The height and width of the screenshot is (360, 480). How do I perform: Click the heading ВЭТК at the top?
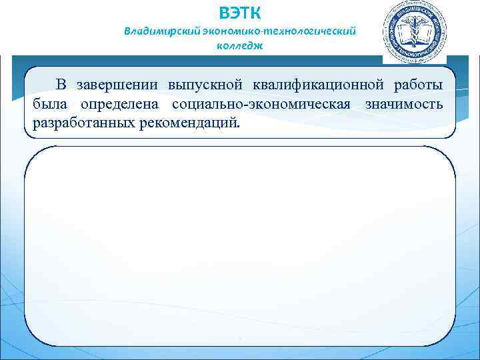240,13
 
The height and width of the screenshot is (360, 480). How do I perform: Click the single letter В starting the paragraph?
61,85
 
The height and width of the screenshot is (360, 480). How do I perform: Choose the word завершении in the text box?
117,85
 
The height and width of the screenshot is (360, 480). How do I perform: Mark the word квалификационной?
312,85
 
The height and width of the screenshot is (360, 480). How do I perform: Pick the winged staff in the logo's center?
414,29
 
